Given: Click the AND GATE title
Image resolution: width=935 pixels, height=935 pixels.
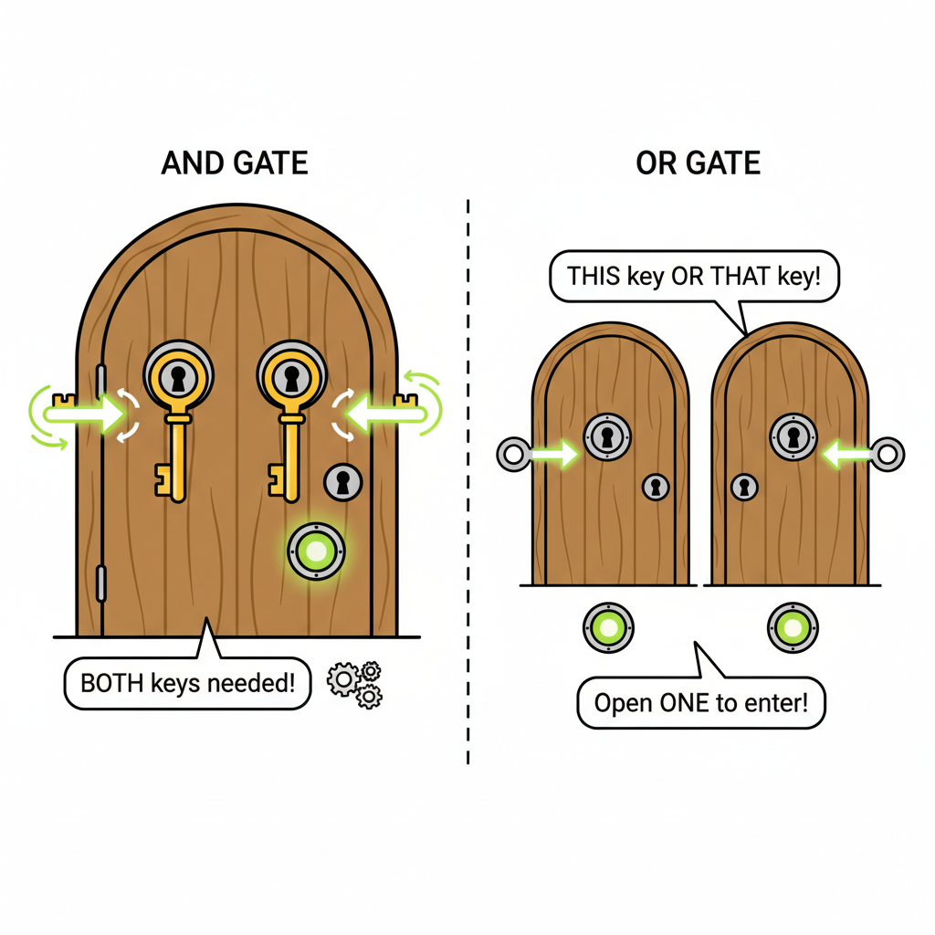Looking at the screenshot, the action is [235, 163].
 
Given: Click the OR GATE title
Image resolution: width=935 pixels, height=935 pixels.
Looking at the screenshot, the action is [698, 163].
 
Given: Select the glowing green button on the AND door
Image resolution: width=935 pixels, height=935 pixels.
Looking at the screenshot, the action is [316, 551].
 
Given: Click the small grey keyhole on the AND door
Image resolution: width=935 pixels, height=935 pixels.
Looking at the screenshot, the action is [343, 482].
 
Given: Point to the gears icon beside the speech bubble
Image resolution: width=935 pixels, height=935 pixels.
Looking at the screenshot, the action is [355, 685].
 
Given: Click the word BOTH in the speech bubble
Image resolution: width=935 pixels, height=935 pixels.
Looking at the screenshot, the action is [111, 683].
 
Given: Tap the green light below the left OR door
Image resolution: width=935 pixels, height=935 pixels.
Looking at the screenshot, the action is [608, 627].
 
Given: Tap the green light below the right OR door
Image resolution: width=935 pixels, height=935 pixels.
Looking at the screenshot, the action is [793, 627].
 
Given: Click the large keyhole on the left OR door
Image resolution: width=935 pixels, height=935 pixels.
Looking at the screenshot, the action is [607, 437].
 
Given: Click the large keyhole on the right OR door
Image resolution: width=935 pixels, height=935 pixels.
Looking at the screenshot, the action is [793, 437].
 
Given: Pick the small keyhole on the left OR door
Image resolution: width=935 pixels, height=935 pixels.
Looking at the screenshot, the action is [656, 488].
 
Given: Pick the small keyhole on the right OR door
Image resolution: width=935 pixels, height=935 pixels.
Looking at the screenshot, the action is [744, 488].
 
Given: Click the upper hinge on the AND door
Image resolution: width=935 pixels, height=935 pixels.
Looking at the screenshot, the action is [100, 382].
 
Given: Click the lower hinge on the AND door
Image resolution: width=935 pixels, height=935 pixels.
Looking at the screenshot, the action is [100, 583].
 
